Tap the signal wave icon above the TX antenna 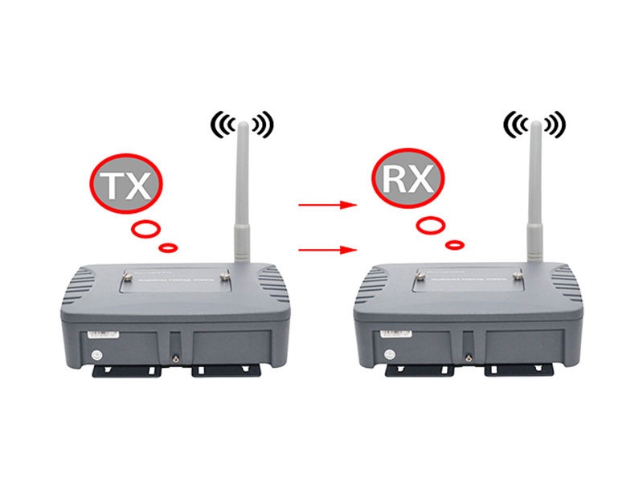pyautogui.click(x=242, y=123)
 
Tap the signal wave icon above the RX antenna pyautogui.click(x=534, y=123)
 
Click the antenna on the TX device pyautogui.click(x=240, y=201)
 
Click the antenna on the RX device pyautogui.click(x=533, y=201)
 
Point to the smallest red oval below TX pyautogui.click(x=170, y=246)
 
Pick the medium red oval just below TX pyautogui.click(x=145, y=229)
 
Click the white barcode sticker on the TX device pyautogui.click(x=97, y=332)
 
